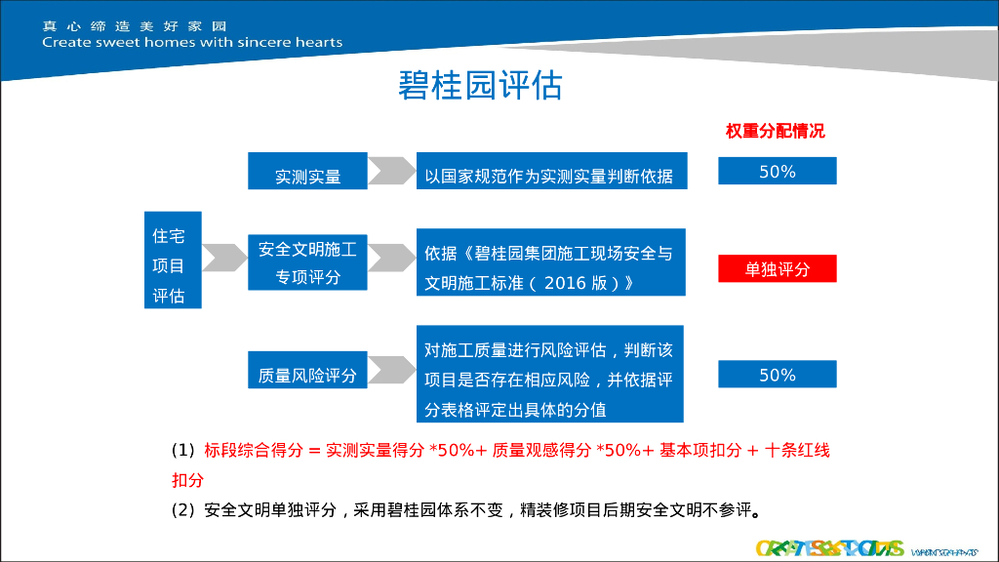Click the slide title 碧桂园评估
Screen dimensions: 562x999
(x=480, y=86)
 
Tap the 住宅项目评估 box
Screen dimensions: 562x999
(x=172, y=260)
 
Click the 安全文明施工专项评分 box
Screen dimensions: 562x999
(x=307, y=262)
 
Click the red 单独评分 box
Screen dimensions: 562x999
(x=777, y=268)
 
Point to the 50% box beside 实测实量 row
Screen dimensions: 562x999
(x=777, y=171)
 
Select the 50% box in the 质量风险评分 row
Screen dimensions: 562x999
(x=777, y=374)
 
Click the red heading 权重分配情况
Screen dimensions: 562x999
(x=775, y=131)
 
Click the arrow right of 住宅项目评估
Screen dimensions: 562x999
(x=224, y=257)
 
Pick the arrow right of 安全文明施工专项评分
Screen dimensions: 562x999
(x=390, y=258)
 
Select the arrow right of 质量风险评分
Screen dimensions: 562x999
(x=390, y=370)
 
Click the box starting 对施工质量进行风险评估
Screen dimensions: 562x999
(x=550, y=374)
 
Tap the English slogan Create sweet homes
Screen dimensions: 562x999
(x=192, y=42)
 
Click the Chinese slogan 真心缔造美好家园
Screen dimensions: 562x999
(x=134, y=25)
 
